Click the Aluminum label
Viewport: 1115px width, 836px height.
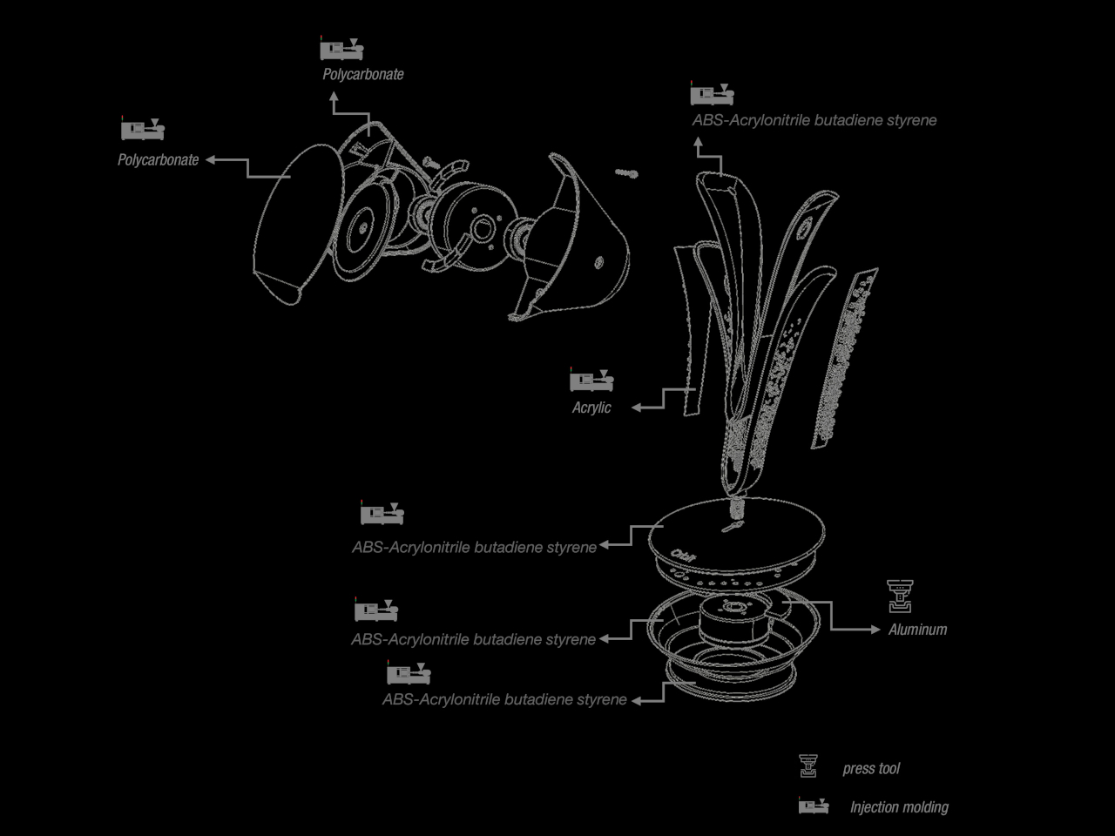917,630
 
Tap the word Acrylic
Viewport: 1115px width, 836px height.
591,408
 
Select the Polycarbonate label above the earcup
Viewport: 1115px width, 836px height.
363,74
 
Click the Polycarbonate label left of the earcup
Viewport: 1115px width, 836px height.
158,160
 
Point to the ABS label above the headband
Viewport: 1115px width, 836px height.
814,120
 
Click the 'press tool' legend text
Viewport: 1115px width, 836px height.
871,768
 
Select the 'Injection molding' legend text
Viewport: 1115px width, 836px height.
899,807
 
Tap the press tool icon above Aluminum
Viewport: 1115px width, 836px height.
900,597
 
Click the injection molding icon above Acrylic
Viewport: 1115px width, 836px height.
591,380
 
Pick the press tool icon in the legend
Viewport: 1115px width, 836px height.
808,766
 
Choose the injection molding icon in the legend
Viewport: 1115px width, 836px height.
814,806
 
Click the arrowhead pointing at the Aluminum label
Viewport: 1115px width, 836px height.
875,630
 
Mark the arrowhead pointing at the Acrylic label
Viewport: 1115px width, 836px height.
636,408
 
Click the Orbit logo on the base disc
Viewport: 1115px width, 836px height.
683,556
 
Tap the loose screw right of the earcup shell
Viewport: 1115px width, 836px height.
627,173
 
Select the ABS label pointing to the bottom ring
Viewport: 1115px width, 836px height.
504,699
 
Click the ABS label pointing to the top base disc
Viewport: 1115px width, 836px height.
475,547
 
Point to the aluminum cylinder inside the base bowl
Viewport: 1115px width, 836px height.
733,621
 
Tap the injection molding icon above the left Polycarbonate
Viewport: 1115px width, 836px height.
143,128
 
